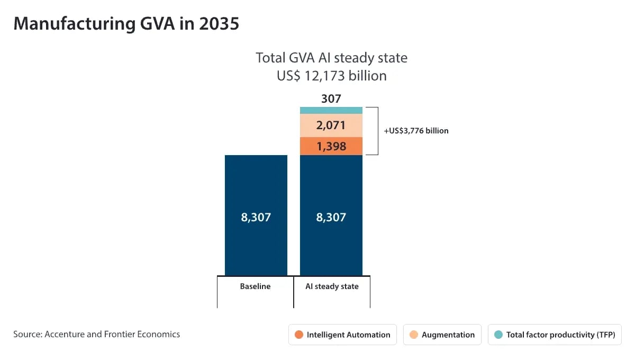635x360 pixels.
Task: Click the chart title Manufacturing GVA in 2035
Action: (126, 24)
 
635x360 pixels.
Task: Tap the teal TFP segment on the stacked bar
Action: (331, 110)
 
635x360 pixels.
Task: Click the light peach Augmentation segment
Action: (331, 125)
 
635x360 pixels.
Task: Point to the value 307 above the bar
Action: (331, 98)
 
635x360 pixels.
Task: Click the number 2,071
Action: (331, 125)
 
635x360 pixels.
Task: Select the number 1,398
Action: (331, 146)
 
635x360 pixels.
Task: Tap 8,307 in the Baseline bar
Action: (256, 217)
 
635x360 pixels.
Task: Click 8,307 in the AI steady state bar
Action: (331, 217)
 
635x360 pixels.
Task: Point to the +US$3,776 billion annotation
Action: (416, 131)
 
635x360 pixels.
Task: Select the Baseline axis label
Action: (255, 286)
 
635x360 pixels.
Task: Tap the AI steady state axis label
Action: (332, 286)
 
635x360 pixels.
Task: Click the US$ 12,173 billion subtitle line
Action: (331, 76)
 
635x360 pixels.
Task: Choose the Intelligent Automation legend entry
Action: (342, 335)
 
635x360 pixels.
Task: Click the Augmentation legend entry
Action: (442, 335)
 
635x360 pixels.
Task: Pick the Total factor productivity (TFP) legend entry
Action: (555, 335)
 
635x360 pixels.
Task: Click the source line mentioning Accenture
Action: (96, 334)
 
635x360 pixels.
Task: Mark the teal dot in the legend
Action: (498, 335)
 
